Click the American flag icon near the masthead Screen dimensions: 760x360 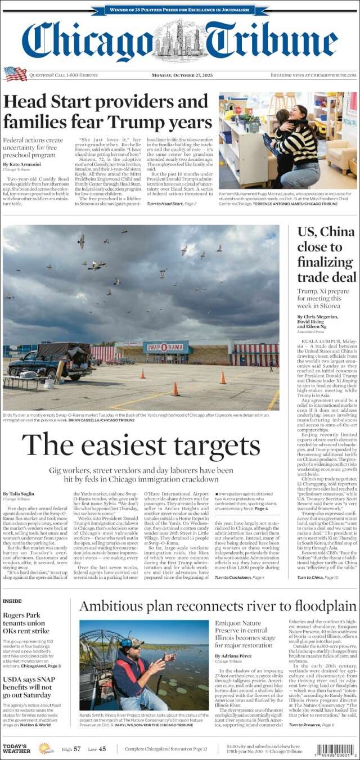(15, 74)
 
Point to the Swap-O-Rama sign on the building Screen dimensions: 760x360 (165, 347)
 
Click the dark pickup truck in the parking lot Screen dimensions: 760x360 (51, 362)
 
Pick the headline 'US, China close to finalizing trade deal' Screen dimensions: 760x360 (326, 254)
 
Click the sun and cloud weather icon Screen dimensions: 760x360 (46, 749)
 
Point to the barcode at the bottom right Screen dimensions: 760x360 (336, 749)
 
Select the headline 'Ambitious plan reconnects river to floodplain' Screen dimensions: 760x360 (218, 606)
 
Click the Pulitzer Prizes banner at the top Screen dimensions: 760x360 (179, 10)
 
